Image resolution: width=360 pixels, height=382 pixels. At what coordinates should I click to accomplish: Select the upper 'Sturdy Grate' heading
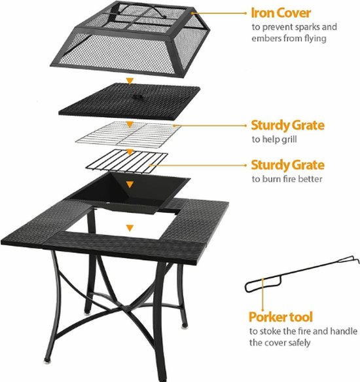(x=287, y=124)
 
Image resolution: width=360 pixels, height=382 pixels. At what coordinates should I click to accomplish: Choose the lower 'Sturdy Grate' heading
(x=287, y=164)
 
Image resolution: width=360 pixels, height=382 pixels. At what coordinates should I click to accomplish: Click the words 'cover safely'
(x=295, y=343)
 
